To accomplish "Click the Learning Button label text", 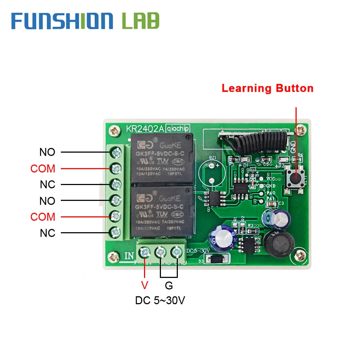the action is (267, 88).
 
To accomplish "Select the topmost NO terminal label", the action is (47, 152).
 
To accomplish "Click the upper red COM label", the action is (43, 168).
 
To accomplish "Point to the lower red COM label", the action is (43, 217).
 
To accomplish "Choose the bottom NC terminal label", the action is (48, 233).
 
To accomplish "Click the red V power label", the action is (144, 286).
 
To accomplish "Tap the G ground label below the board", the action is (169, 286).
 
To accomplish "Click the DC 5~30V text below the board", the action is (160, 300).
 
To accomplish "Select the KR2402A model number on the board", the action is (144, 129).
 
